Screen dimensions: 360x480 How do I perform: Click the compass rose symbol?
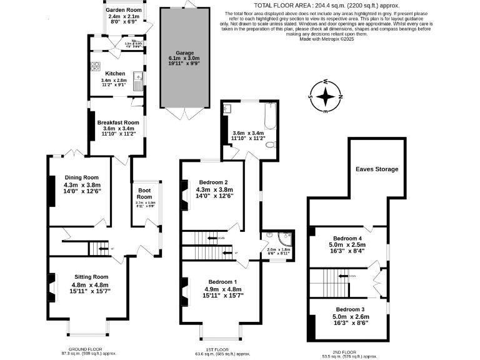point(326,97)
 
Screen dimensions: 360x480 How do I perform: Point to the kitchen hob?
point(96,66)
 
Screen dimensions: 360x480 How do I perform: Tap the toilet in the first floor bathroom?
point(270,144)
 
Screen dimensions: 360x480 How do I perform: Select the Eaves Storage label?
point(377,169)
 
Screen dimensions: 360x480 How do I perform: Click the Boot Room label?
point(144,193)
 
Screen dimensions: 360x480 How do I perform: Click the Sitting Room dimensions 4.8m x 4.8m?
point(91,284)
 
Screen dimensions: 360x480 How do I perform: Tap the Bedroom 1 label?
point(222,281)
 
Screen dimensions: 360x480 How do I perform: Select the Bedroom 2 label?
point(214,182)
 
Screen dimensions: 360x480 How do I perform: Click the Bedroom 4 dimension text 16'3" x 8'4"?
point(346,251)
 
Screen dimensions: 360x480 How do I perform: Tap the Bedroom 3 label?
point(350,309)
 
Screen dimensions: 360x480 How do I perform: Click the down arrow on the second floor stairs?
point(342,275)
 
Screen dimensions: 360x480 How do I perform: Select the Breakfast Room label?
point(117,122)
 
